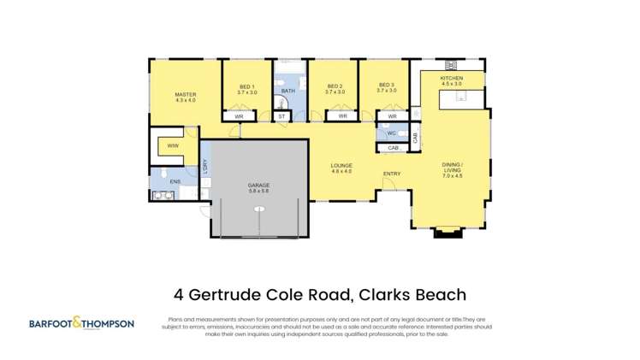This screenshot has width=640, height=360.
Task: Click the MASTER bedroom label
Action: click(x=186, y=94)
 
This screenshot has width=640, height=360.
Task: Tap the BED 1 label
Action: click(x=247, y=86)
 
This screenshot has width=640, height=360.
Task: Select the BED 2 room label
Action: click(x=335, y=86)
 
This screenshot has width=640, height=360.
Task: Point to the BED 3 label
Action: click(x=386, y=86)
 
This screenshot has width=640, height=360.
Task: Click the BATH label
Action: click(x=288, y=91)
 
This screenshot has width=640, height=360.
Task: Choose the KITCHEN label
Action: click(x=451, y=79)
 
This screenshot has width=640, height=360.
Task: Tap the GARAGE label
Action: click(x=259, y=185)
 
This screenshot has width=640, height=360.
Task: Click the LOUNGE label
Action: click(x=342, y=165)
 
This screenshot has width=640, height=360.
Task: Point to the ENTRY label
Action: click(x=392, y=174)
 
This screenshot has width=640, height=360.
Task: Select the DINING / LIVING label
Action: click(x=452, y=167)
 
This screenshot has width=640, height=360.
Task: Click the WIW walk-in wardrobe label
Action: click(x=173, y=145)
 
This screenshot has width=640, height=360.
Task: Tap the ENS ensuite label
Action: click(x=175, y=181)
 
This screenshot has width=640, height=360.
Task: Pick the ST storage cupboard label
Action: click(x=282, y=116)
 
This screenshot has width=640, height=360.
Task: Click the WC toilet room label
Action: click(x=390, y=133)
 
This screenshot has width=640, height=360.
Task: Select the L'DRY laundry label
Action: click(x=204, y=168)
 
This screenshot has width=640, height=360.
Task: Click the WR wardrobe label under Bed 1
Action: click(x=240, y=116)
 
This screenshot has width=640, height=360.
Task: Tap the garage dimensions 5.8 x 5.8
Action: click(x=259, y=192)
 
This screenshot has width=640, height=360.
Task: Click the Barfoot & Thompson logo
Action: click(x=81, y=323)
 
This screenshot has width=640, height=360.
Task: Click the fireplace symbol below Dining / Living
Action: click(x=447, y=230)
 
